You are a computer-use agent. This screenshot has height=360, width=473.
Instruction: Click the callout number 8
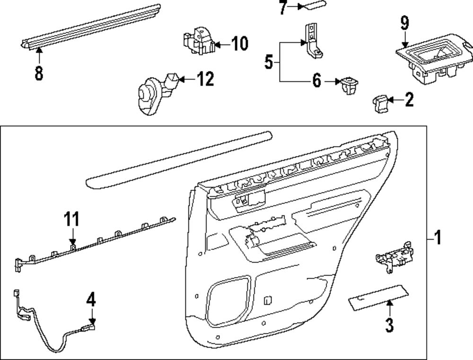pos(38,73)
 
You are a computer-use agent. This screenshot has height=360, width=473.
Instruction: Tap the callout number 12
pos(205,79)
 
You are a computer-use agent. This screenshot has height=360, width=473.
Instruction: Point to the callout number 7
pos(283,8)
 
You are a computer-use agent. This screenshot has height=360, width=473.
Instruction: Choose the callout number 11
pos(72,220)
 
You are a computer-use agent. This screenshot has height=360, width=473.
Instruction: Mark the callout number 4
pos(91,299)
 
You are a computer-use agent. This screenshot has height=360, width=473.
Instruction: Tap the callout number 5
pos(269,62)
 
